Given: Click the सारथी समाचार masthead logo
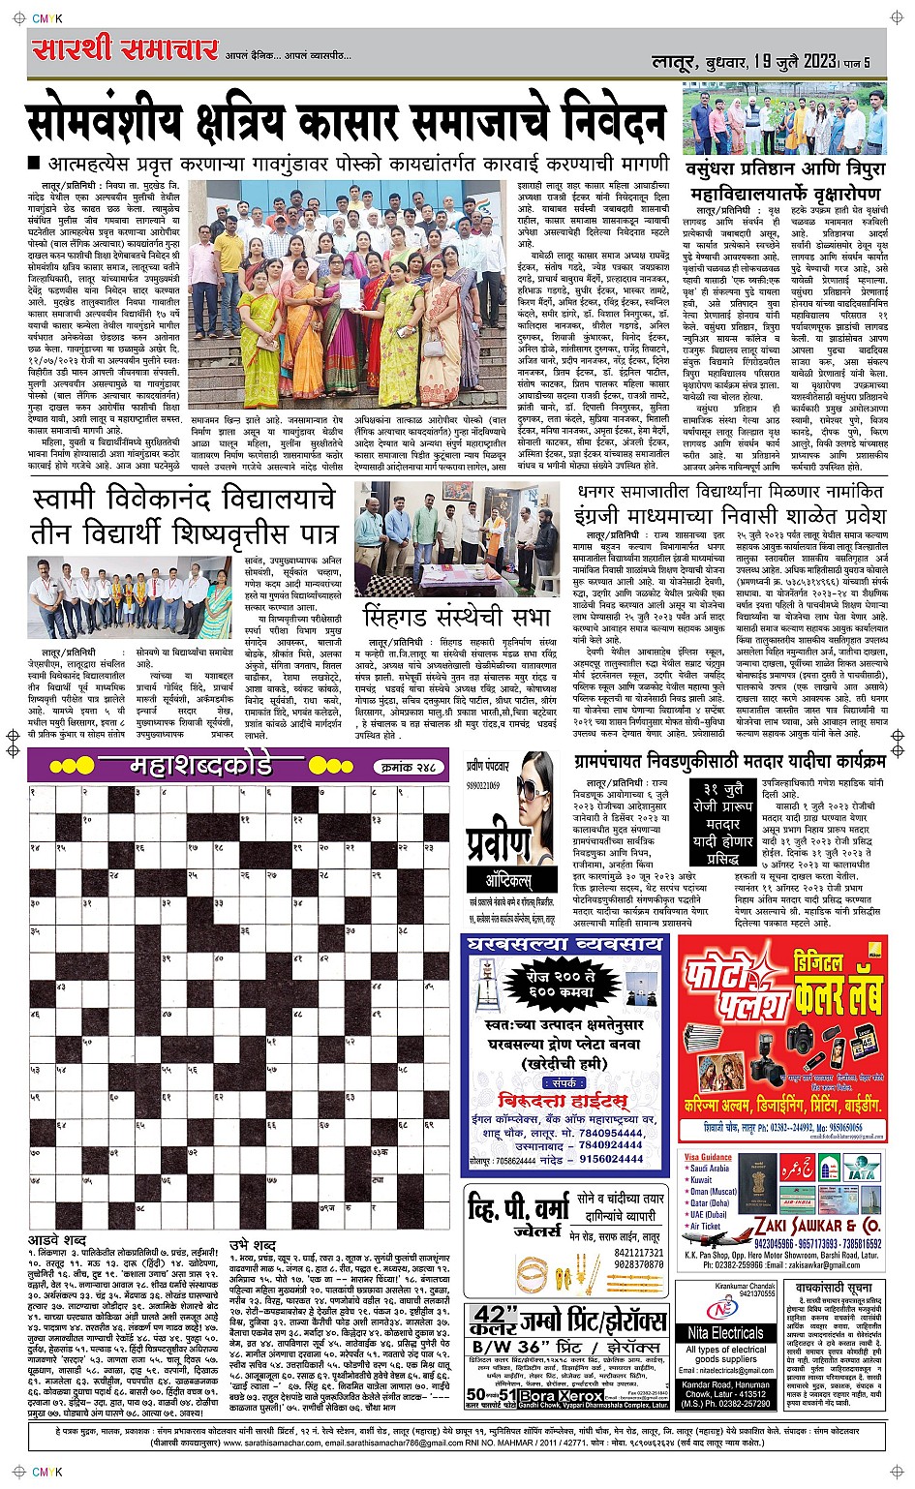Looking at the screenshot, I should [124, 50].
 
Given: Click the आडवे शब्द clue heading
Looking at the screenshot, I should [57, 1240].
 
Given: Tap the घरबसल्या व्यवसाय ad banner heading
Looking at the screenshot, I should [565, 944].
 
